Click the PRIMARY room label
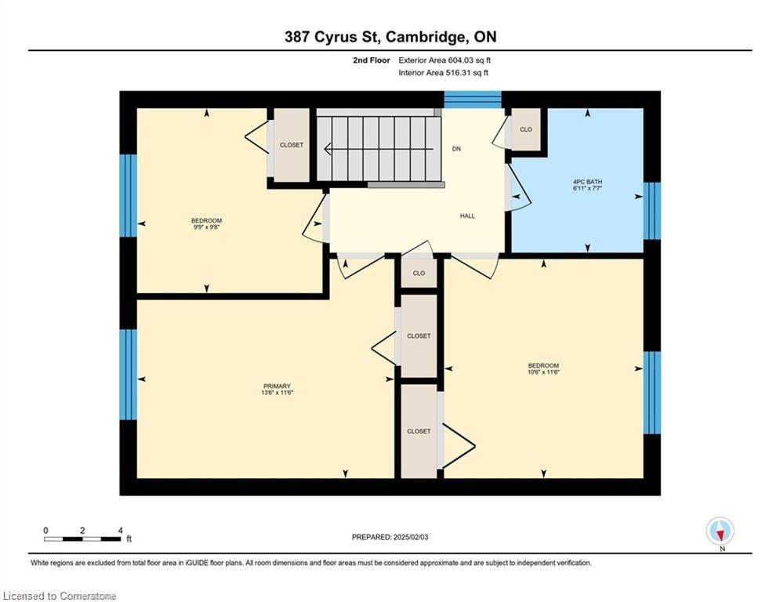pyautogui.click(x=277, y=386)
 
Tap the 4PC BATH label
pyautogui.click(x=587, y=182)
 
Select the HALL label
pyautogui.click(x=467, y=216)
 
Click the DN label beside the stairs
pyautogui.click(x=456, y=149)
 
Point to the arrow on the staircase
pyautogui.click(x=379, y=149)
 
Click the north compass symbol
pyautogui.click(x=720, y=531)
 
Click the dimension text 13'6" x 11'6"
pyautogui.click(x=277, y=393)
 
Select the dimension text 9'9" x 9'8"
pyautogui.click(x=206, y=227)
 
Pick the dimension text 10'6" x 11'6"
pyautogui.click(x=543, y=372)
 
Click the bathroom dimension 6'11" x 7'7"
pyautogui.click(x=587, y=189)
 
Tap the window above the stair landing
pyautogui.click(x=473, y=100)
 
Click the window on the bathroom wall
pyautogui.click(x=651, y=211)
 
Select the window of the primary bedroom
pyautogui.click(x=128, y=374)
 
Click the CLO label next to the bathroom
pyautogui.click(x=526, y=129)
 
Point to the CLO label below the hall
pyautogui.click(x=419, y=273)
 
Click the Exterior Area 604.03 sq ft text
pyautogui.click(x=444, y=60)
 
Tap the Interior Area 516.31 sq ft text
pyautogui.click(x=443, y=73)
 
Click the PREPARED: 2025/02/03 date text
pyautogui.click(x=390, y=537)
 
